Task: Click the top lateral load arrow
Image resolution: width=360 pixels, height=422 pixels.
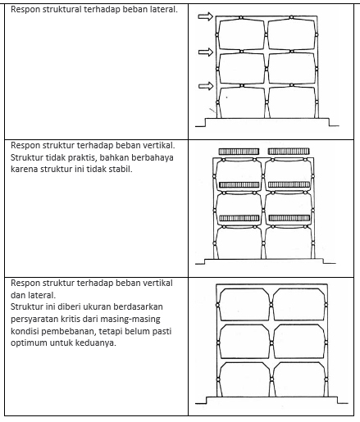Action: [205, 16]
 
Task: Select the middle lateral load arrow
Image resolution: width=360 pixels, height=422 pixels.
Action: [206, 52]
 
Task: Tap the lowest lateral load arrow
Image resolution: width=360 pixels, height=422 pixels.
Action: [206, 86]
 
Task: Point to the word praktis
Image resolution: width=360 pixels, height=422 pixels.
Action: [81, 157]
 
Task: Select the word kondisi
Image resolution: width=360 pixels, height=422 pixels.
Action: [25, 331]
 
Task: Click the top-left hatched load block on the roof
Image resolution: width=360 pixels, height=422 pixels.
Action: [239, 152]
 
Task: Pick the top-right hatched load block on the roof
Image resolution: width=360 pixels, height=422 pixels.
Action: [289, 152]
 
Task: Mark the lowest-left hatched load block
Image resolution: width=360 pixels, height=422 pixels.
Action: [239, 218]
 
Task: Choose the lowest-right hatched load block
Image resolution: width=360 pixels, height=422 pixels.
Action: [289, 218]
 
